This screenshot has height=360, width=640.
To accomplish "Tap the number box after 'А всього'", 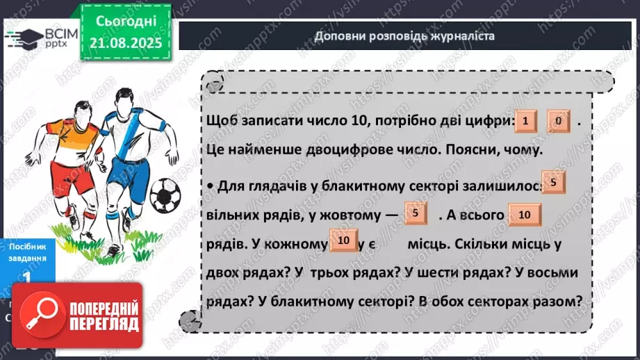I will [525, 215].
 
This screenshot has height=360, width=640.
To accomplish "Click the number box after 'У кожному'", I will [343, 240].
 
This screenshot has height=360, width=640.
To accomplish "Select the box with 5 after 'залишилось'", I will [552, 183].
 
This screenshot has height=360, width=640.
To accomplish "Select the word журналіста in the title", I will [461, 36].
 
